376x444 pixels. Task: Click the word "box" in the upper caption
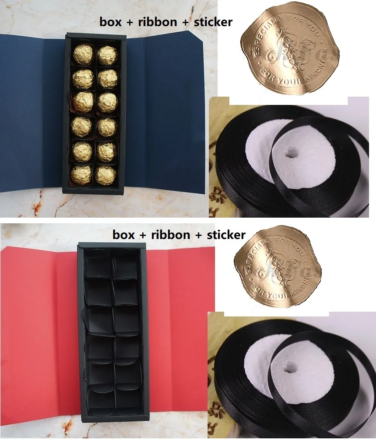tap(110, 22)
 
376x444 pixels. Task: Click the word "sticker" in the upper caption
tap(213, 22)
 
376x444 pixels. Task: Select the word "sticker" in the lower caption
tap(226, 235)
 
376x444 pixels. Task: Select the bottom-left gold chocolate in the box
tap(82, 175)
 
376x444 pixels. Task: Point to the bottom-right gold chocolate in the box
tap(106, 175)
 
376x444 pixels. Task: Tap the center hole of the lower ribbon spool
tap(289, 369)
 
